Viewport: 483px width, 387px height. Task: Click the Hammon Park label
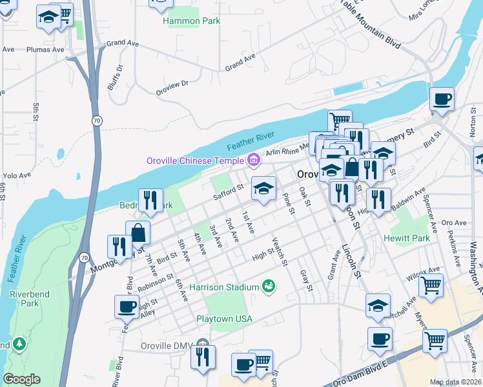click(192, 21)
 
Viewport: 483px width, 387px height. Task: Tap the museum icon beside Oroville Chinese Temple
click(253, 160)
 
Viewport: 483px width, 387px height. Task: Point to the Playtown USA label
click(223, 319)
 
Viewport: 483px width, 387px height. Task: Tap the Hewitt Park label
click(407, 238)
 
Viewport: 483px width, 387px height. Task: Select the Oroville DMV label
click(167, 346)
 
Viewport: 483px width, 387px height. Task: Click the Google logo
click(21, 379)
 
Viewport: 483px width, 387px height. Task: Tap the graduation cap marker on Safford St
click(263, 189)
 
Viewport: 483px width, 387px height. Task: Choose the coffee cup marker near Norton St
click(442, 99)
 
